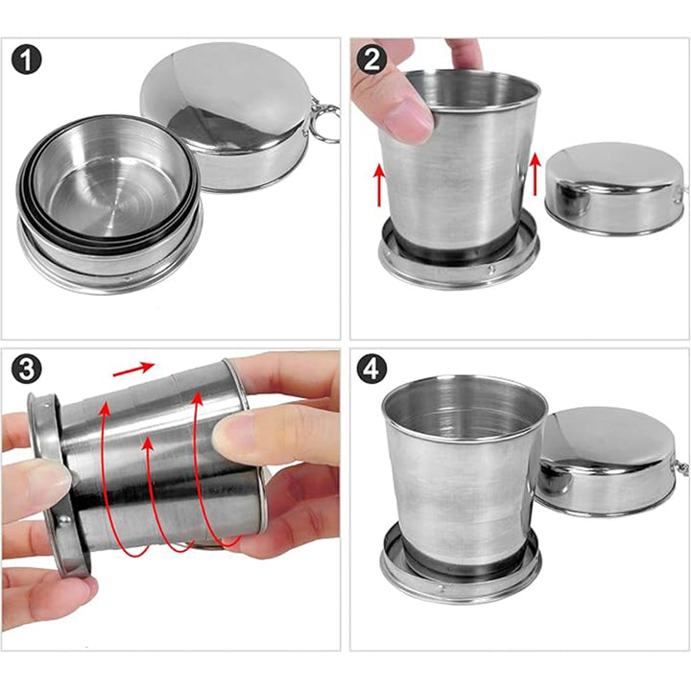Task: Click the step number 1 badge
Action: click(27, 60)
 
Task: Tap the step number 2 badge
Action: click(371, 60)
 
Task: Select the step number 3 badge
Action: click(27, 369)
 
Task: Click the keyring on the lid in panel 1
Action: click(327, 123)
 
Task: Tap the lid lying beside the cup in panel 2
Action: click(615, 188)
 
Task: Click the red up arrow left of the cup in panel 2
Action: click(379, 184)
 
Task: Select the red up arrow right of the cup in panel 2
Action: click(535, 173)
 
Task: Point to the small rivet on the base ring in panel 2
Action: click(492, 268)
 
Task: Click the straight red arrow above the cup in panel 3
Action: click(133, 369)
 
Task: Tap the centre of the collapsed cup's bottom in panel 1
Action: click(115, 205)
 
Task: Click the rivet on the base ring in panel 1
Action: click(128, 279)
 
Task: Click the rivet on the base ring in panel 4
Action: click(441, 586)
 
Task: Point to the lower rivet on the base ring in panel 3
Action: click(65, 519)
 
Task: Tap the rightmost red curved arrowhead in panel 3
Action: click(197, 399)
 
